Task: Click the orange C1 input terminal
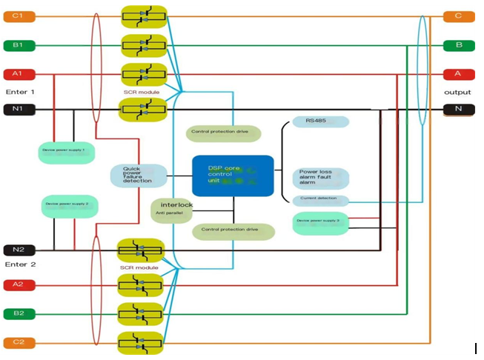[17, 16]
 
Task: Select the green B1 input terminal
[17, 45]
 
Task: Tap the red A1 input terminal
[17, 74]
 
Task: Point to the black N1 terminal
[17, 110]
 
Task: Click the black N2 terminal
[17, 250]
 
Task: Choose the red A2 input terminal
[17, 284]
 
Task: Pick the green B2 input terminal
[17, 313]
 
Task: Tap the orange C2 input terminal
[17, 342]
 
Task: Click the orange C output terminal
[458, 16]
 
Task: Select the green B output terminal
[458, 45]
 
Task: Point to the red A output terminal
[458, 74]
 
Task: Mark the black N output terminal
[458, 110]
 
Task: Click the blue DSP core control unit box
[233, 176]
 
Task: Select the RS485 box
[316, 121]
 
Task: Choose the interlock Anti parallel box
[173, 209]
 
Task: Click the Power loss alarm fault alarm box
[320, 179]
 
